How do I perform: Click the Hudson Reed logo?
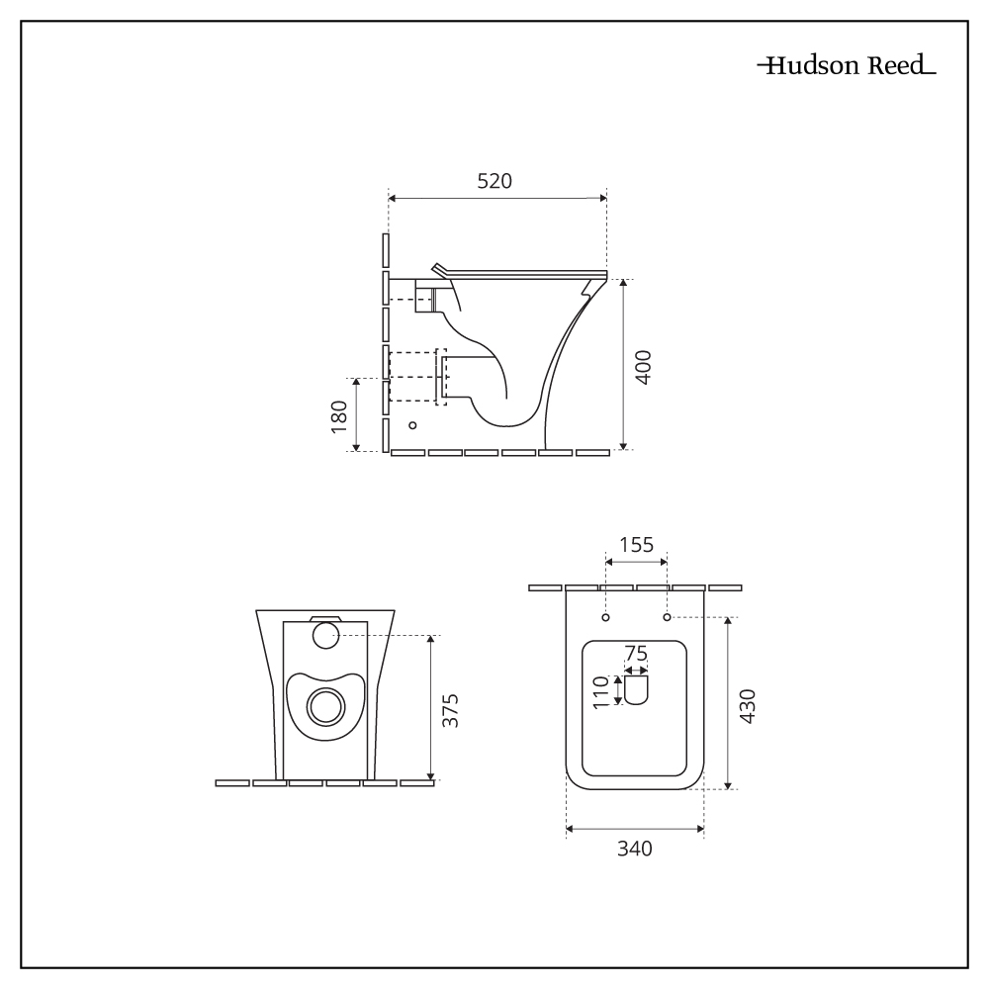point(846,66)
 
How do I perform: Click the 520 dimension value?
point(494,181)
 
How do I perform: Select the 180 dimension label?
point(339,415)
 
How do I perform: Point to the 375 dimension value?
point(450,710)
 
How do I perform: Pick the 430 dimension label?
point(748,706)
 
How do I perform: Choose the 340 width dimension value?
point(634,849)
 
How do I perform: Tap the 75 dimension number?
point(635,653)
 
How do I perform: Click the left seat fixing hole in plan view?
point(606,618)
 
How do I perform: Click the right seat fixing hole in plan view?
point(667,618)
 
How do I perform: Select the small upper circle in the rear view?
point(324,636)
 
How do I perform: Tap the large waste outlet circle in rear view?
point(324,707)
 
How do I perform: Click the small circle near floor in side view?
point(413,425)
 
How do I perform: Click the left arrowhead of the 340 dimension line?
point(570,829)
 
